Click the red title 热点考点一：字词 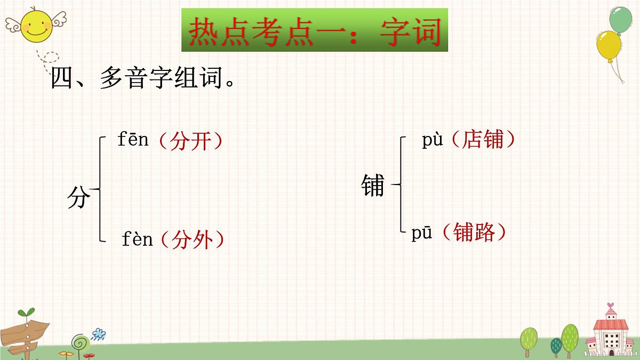[x=315, y=30]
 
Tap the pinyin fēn [x=133, y=140]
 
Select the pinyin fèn [x=137, y=239]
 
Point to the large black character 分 [x=78, y=198]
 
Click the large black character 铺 [x=372, y=185]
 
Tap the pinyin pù [x=434, y=141]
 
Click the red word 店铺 [x=483, y=140]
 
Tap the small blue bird [x=98, y=334]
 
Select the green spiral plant [x=80, y=341]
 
